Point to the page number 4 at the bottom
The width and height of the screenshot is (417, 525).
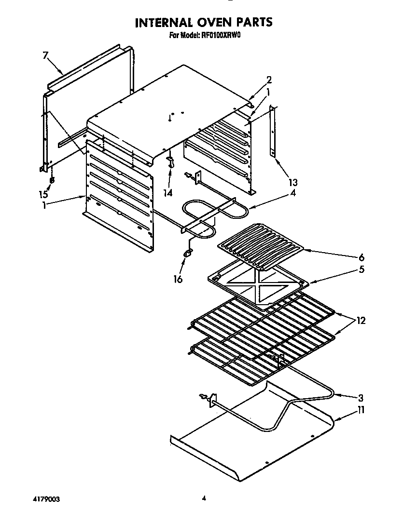click(x=205, y=498)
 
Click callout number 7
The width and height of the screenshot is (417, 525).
click(x=45, y=55)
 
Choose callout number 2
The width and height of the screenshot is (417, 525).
click(x=269, y=80)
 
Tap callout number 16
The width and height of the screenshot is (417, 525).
click(x=178, y=279)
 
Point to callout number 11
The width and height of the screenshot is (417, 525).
click(x=361, y=410)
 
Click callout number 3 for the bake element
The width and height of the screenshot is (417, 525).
click(x=361, y=398)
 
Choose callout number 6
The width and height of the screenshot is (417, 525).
click(x=361, y=257)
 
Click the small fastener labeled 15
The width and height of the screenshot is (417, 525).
click(x=52, y=180)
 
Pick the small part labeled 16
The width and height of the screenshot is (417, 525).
click(x=187, y=252)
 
